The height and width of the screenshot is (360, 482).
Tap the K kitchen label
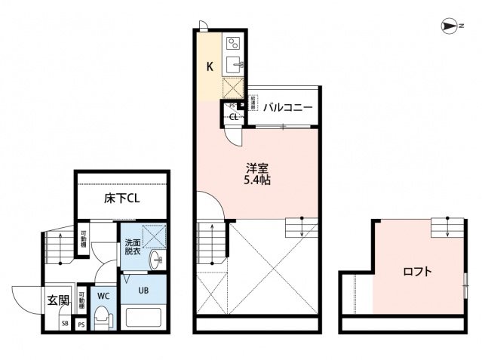pos(212,65)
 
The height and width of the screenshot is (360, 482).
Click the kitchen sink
pos(233,63)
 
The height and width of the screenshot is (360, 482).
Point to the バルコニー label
pos(288,107)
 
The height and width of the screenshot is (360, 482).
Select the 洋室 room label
pos(253,168)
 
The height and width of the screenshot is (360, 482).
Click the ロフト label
pos(416,272)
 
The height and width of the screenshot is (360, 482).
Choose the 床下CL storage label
pos(121,199)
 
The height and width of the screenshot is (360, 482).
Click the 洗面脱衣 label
pos(132,248)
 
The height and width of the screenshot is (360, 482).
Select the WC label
pos(103,295)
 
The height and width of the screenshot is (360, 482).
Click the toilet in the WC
pos(103,317)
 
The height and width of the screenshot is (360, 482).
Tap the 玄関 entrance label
pos(58,300)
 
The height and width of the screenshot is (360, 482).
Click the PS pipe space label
pos(81,325)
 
